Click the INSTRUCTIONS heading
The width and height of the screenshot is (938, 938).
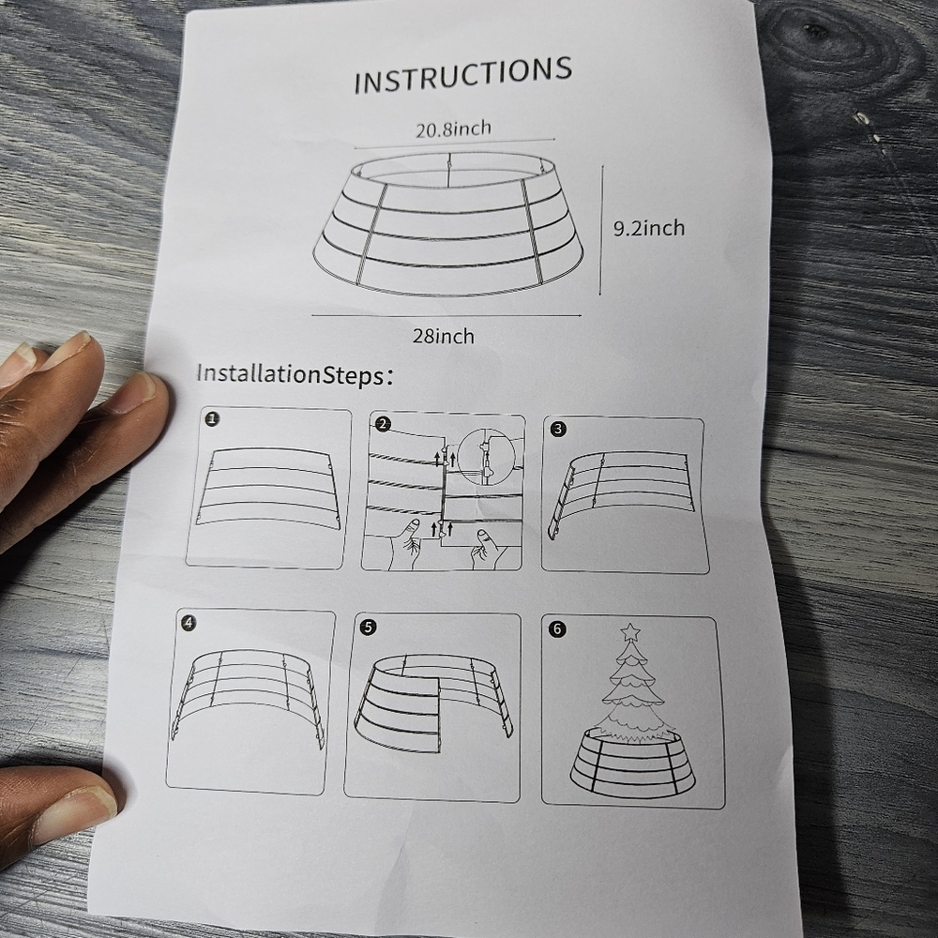[x=462, y=75]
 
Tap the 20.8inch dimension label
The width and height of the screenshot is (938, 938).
[x=453, y=129]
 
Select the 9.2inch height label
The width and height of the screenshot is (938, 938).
[x=649, y=228]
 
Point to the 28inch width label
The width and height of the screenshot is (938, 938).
[x=444, y=336]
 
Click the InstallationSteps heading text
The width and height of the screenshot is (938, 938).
[x=295, y=375]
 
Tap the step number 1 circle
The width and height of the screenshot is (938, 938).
[x=212, y=419]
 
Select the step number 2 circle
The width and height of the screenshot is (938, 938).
[x=383, y=425]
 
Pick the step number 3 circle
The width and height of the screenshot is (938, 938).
[x=558, y=429]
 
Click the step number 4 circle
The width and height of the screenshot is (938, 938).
[x=189, y=623]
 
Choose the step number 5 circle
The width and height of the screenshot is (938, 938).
[x=369, y=627]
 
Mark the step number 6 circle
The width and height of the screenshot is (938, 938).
[x=557, y=628]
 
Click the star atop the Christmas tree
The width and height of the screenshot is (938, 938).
[x=630, y=631]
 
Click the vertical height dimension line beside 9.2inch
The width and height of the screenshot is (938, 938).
[x=601, y=231]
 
